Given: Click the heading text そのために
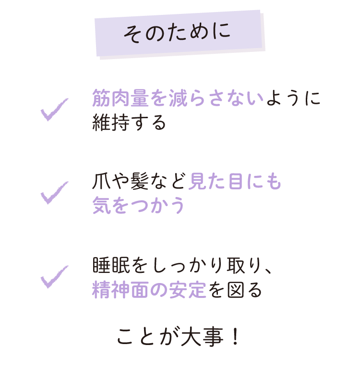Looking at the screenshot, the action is point(177,33).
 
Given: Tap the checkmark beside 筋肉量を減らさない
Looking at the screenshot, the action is point(54,109).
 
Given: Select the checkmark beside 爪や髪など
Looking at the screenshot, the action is point(54,193).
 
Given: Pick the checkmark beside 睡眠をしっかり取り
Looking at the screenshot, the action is point(54,277).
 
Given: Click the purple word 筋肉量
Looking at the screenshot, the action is point(120,98).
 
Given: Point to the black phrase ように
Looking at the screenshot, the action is point(293,98).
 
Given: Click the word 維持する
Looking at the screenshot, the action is point(129,122).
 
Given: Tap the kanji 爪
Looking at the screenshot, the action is point(101,181).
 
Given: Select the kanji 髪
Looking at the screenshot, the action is point(139,181).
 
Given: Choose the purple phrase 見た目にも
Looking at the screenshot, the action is point(235,181).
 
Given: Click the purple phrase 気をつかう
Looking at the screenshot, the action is point(138,205).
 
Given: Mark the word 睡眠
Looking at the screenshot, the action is point(111,265).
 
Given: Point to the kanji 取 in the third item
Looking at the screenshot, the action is point(236,265).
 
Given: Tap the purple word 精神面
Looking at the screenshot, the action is point(120,290).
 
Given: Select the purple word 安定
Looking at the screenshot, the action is point(187,290).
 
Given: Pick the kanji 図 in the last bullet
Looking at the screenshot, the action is point(236,290).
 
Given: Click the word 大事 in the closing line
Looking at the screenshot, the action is point(202,337).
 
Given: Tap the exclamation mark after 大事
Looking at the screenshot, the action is point(235,337).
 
